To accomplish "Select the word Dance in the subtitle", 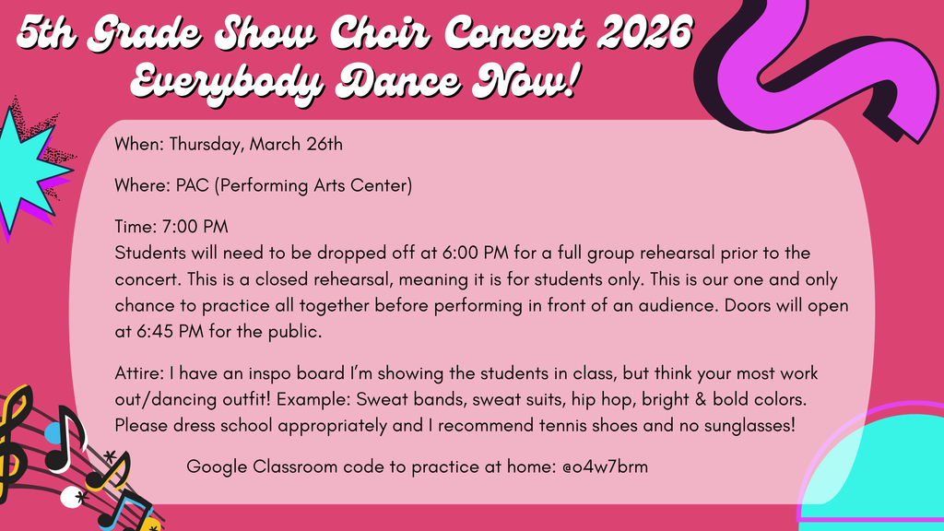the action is (x=398, y=80).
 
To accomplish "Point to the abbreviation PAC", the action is (x=192, y=185).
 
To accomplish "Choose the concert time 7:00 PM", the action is (x=195, y=227).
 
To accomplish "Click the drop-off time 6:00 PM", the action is (x=476, y=253).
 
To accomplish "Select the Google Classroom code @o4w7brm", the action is (x=605, y=466).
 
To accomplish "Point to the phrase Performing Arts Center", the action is (x=313, y=185).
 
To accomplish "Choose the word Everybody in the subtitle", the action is (x=227, y=81).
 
